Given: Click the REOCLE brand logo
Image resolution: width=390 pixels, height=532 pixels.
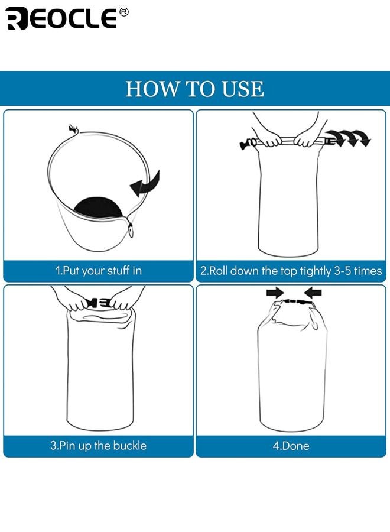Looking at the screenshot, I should tap(61, 18).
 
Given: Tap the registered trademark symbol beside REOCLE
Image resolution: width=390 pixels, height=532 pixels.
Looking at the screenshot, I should tap(123, 12).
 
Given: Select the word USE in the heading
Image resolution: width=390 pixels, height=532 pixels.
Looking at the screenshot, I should tap(240, 89).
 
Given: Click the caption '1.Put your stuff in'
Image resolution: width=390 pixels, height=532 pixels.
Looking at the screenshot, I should tap(99, 271).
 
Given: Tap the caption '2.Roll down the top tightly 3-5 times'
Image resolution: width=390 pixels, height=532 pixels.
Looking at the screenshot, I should tap(291, 271).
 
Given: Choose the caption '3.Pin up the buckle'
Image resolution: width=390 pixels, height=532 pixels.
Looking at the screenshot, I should tap(98, 446).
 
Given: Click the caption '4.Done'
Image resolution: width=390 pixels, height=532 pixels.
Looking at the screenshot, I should tap(291, 446).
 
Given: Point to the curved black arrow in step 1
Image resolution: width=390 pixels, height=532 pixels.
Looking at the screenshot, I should tap(145, 183).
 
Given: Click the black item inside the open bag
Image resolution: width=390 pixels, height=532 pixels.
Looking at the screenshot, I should tap(99, 207).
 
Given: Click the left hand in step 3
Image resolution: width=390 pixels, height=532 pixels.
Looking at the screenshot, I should tap(76, 303).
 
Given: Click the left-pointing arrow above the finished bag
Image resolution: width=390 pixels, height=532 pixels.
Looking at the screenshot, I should tap(313, 292).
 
